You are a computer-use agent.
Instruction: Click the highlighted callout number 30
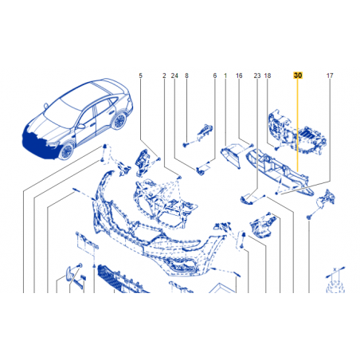(298, 76)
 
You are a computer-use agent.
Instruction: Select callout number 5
(140, 76)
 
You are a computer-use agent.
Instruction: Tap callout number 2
(164, 76)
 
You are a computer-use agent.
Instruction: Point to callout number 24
(174, 76)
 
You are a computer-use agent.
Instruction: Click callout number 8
(186, 76)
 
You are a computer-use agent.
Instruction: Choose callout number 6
(215, 76)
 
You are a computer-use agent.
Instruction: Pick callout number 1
(225, 76)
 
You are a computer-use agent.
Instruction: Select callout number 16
(239, 76)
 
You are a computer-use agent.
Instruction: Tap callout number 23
(257, 76)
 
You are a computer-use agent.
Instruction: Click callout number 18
(268, 76)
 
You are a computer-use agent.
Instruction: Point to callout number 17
(330, 76)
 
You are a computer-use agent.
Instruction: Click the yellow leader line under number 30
(298, 125)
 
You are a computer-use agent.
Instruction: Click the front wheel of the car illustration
(66, 151)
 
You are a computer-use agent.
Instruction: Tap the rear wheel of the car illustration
(119, 121)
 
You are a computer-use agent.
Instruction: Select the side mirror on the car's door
(80, 126)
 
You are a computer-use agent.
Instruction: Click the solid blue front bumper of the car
(40, 145)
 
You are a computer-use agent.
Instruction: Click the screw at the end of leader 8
(185, 145)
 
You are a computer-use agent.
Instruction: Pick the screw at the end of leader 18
(276, 149)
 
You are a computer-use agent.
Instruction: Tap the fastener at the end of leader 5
(158, 159)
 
